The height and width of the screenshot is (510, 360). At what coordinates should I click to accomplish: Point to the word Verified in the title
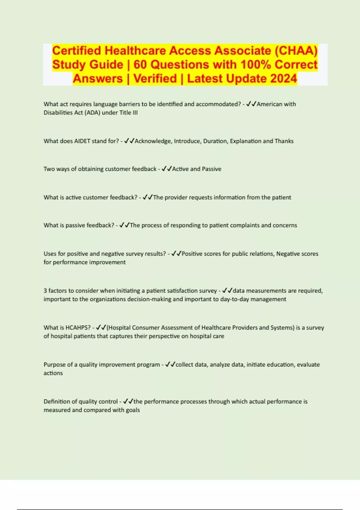coord(155,79)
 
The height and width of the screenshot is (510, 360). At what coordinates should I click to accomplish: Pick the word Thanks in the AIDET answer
coord(284,141)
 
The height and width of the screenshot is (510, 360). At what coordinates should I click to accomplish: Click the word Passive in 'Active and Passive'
coord(211,169)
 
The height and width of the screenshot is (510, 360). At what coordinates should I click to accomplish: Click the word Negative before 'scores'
coord(287,254)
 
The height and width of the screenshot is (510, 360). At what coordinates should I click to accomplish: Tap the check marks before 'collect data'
coord(170,364)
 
